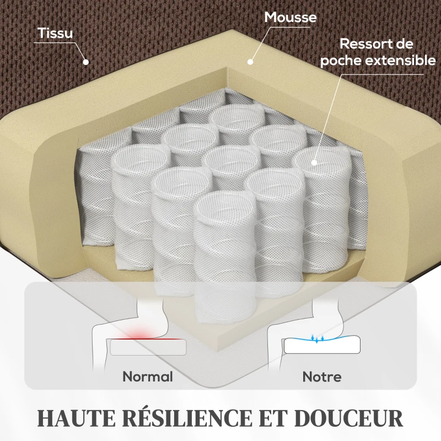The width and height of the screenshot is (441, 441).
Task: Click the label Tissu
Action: (x=55, y=33)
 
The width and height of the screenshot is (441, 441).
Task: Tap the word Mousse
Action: (x=291, y=18)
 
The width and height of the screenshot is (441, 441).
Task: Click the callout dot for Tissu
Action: (x=86, y=62)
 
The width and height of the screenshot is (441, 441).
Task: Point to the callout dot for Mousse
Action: (x=250, y=62)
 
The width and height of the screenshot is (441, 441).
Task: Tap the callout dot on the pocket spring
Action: (x=314, y=162)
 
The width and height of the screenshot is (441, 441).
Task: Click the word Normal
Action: (x=148, y=377)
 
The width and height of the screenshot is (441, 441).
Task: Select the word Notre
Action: (x=322, y=377)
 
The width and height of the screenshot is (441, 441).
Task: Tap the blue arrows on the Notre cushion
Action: (x=317, y=338)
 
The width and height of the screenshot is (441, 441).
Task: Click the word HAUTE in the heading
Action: (x=76, y=418)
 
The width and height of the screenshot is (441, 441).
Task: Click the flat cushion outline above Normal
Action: (x=148, y=347)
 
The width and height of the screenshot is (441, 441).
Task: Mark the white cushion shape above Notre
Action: (x=322, y=345)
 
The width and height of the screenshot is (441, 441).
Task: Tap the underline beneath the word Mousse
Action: (x=290, y=27)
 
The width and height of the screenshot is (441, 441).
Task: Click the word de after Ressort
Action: (x=404, y=44)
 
